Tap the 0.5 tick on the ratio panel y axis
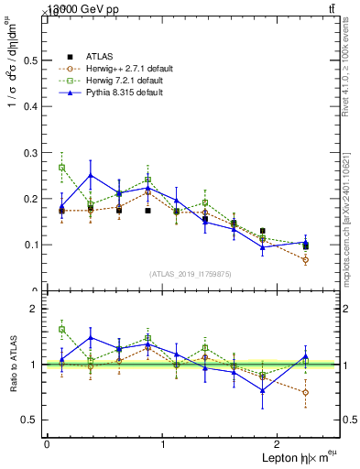[x=28, y=420]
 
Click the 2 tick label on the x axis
[x=279, y=444]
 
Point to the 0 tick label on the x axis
[x=47, y=444]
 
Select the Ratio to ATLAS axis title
[x=13, y=364]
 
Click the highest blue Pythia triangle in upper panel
[x=91, y=175]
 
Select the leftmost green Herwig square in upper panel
[x=61, y=168]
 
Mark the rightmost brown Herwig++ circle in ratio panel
[x=305, y=392]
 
